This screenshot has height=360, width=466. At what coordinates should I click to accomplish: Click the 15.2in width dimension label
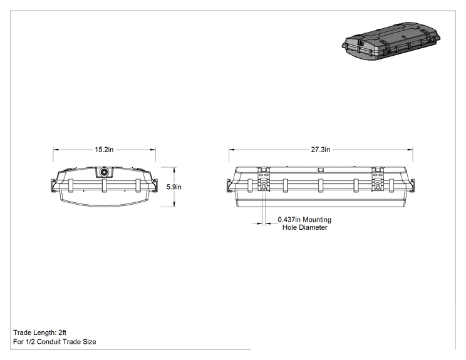click(104, 150)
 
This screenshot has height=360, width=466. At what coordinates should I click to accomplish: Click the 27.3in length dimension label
click(321, 150)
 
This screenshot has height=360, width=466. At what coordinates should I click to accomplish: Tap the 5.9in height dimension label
click(174, 187)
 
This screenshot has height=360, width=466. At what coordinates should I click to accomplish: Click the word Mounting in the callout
click(317, 220)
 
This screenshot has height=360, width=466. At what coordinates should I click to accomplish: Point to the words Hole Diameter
click(304, 227)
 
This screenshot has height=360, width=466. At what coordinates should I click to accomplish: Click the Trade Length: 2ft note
click(39, 332)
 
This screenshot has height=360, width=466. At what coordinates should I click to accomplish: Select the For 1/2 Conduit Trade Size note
click(54, 342)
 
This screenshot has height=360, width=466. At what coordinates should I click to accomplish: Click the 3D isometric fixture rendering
click(391, 41)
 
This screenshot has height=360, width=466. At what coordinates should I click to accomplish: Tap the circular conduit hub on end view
click(105, 172)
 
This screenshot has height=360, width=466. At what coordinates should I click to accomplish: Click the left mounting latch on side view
click(263, 180)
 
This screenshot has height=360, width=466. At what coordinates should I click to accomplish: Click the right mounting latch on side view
click(378, 180)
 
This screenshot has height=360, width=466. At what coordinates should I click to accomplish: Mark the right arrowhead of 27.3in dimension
click(410, 150)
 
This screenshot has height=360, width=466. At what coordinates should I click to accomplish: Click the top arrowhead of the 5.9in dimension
click(174, 169)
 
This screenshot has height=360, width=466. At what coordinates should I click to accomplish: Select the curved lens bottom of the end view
click(105, 204)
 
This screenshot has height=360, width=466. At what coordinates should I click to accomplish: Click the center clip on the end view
click(105, 186)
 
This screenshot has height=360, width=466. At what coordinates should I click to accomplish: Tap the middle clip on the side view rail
click(321, 186)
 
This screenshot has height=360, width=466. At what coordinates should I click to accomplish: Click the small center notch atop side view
click(321, 170)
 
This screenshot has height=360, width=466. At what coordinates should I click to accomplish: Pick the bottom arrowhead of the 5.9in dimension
click(174, 204)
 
